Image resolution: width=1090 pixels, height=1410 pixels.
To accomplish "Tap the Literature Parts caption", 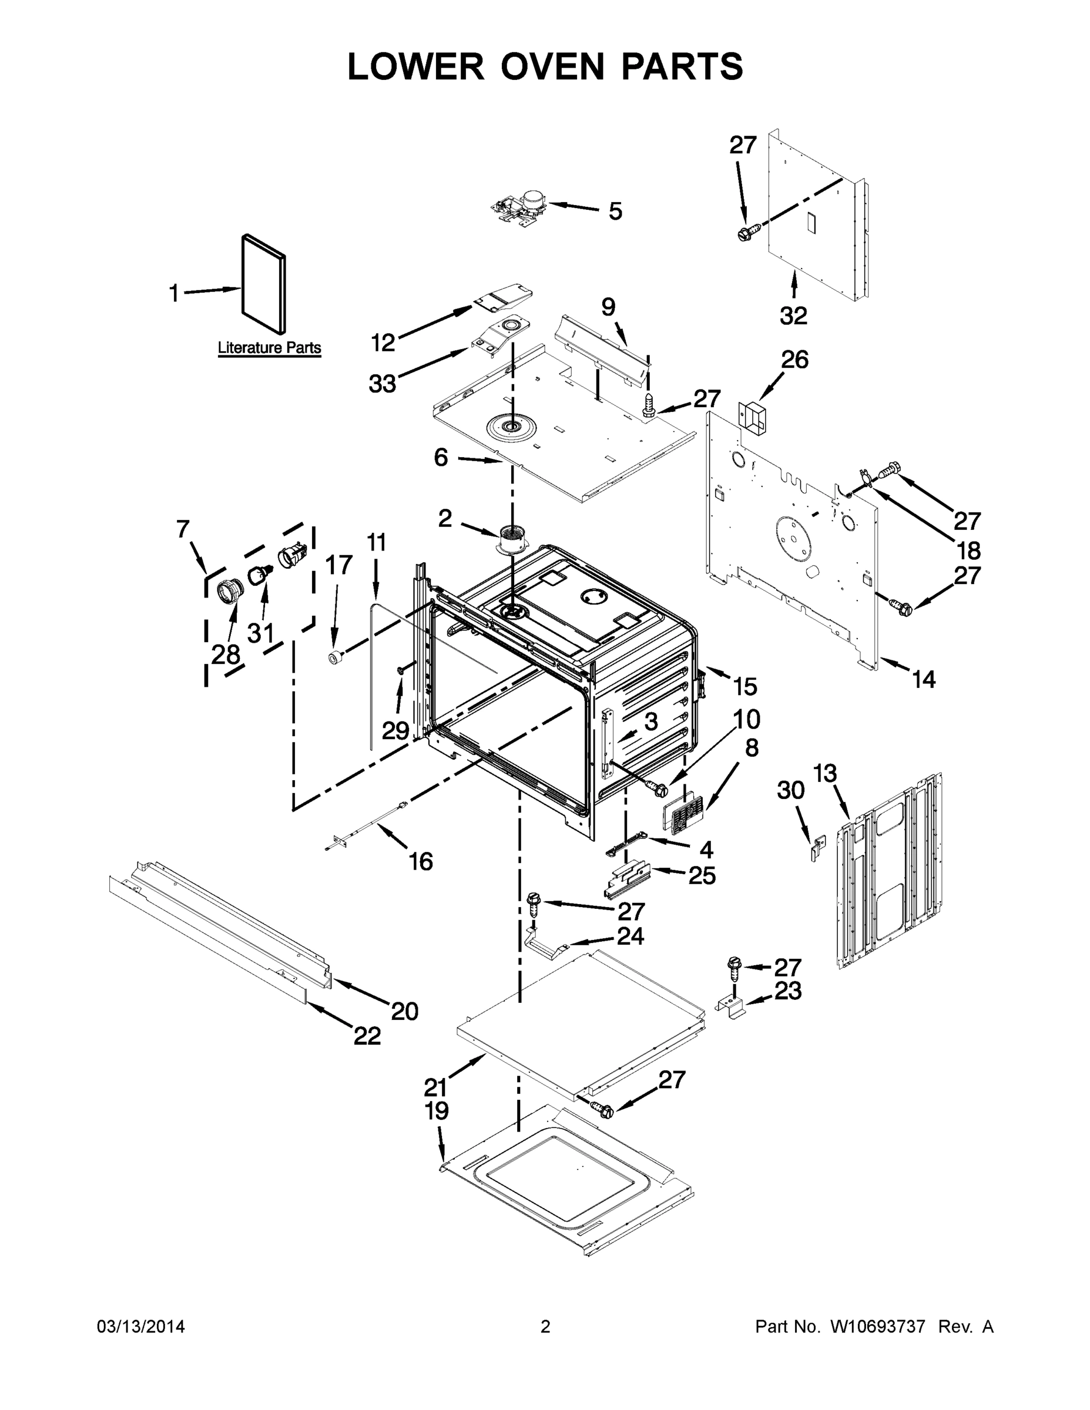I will [x=269, y=348].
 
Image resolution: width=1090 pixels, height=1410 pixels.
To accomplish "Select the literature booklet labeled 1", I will [x=264, y=284].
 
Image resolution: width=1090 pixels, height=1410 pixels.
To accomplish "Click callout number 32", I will [x=793, y=315].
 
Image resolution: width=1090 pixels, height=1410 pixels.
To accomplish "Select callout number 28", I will [x=226, y=654].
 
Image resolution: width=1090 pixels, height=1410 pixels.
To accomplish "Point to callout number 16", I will [x=421, y=861].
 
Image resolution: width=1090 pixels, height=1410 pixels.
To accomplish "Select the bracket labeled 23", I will [x=732, y=1006].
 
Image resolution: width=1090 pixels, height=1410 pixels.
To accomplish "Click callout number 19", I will [x=437, y=1110].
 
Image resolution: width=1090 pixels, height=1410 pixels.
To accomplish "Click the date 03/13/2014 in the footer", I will [x=141, y=1326].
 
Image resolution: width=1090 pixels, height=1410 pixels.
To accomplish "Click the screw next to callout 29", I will [x=401, y=672].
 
